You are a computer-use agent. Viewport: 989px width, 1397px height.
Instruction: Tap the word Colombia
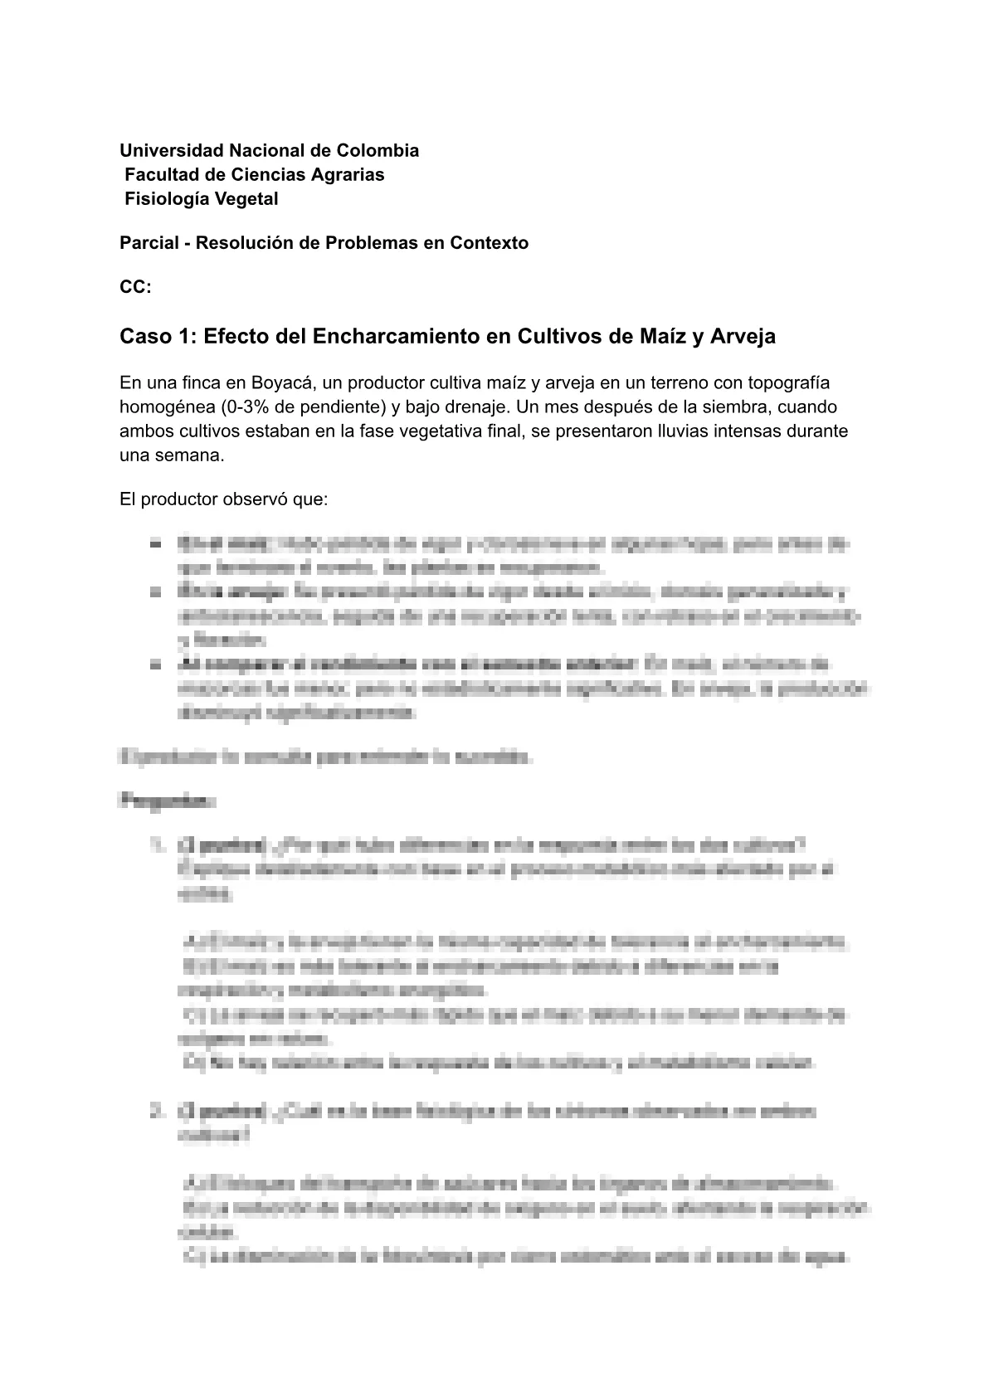[378, 150]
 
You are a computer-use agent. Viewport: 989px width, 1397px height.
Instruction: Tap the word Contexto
[490, 243]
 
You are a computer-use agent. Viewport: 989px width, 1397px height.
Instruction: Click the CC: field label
[135, 287]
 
